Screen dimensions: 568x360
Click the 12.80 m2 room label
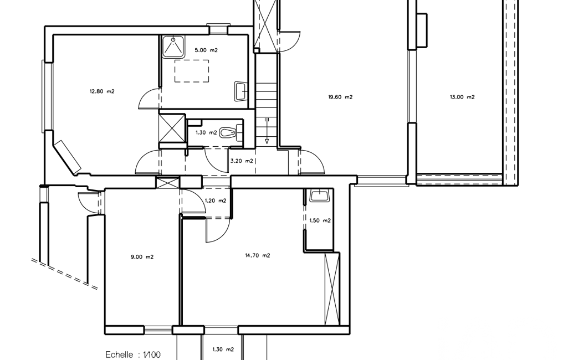(102, 91)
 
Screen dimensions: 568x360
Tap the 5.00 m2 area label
(206, 50)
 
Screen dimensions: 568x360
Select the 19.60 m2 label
(340, 97)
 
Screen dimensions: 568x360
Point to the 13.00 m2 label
(462, 97)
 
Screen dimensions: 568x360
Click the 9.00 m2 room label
(142, 257)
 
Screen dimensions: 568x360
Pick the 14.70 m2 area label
(258, 255)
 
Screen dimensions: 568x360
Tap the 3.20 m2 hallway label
(242, 161)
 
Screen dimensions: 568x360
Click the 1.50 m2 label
(320, 220)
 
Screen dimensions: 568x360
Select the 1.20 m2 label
(216, 200)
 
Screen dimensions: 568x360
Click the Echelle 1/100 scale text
(133, 354)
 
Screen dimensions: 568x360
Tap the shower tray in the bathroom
(173, 47)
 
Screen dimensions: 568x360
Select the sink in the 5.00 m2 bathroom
(240, 91)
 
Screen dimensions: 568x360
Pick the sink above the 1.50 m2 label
(319, 196)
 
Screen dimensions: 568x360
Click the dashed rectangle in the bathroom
(192, 71)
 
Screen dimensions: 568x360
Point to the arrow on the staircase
(267, 131)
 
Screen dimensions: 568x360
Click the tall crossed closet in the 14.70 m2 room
(332, 289)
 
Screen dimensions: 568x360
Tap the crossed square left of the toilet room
(172, 127)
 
